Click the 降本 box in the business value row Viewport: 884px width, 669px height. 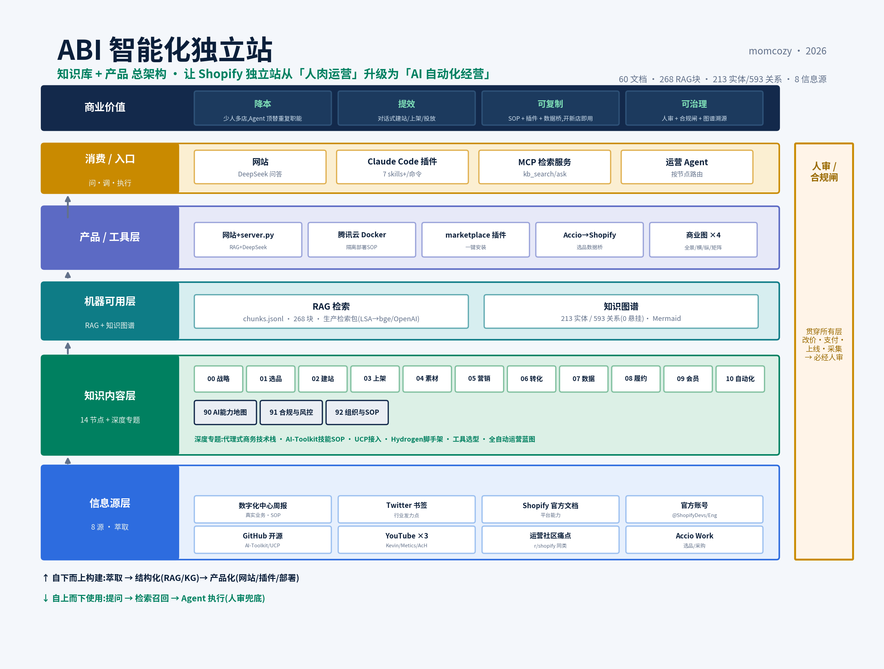[262, 108]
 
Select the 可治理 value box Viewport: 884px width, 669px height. [694, 108]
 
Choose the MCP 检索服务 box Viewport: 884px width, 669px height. [544, 167]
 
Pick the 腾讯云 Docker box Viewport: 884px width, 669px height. [362, 240]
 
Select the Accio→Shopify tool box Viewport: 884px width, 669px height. [590, 240]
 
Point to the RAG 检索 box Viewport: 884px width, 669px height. [331, 312]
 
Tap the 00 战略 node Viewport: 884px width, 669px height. [218, 379]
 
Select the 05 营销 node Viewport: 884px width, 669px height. [479, 379]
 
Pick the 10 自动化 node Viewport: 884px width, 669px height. [740, 379]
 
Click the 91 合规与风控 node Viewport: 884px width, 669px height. [291, 412]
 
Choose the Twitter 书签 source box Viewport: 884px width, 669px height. [406, 509]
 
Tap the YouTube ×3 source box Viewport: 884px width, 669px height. [406, 539]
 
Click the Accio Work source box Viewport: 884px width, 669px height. [694, 539]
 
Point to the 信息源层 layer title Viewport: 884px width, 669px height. [110, 503]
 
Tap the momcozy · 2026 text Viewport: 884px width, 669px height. [787, 51]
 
